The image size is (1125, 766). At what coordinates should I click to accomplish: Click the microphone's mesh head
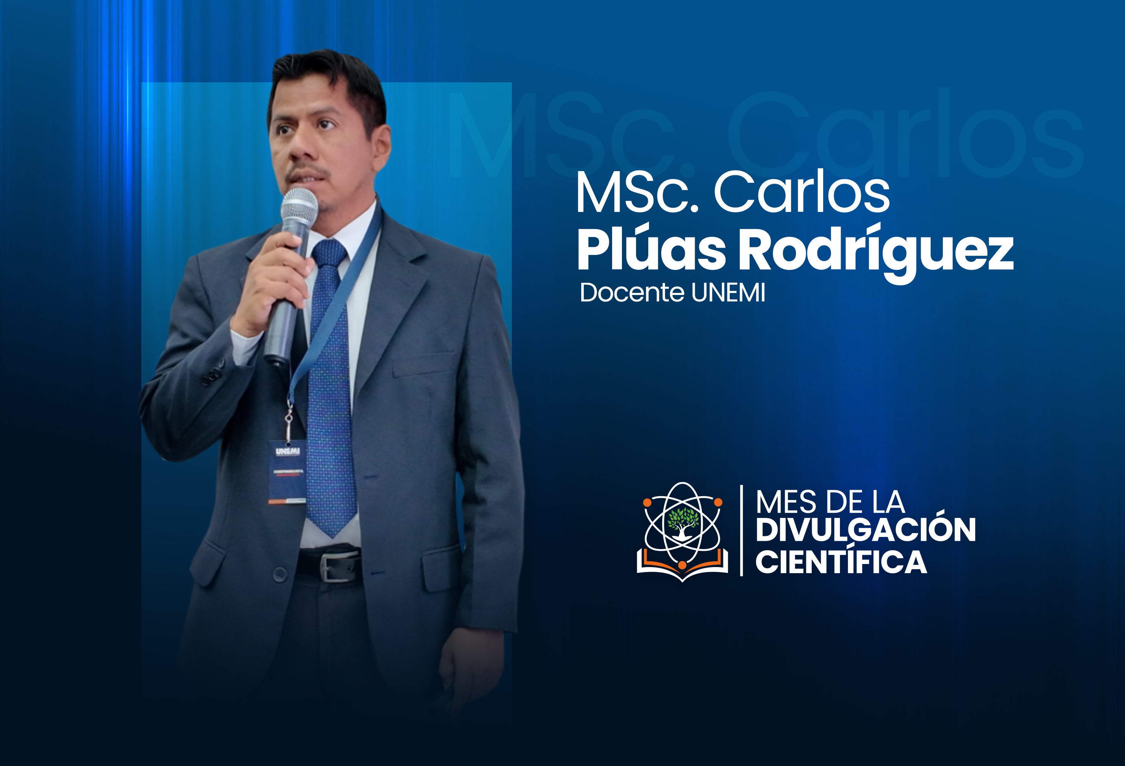[x=299, y=205]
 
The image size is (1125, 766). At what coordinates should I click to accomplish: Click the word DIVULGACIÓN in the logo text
[x=865, y=530]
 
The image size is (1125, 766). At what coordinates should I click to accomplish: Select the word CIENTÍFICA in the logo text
[x=841, y=562]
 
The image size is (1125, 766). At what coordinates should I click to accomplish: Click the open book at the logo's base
[x=682, y=567]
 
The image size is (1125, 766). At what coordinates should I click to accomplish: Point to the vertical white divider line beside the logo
[x=741, y=530]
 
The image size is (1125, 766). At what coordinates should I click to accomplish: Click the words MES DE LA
[x=830, y=502]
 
